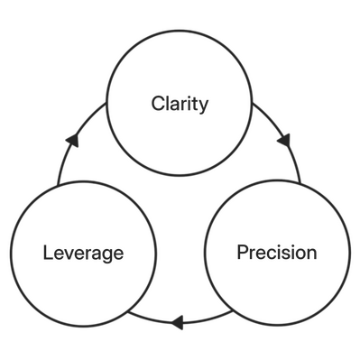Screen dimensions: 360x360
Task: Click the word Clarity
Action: point(180,105)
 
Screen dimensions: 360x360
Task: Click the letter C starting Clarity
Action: point(155,105)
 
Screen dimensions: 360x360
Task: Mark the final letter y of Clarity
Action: point(206,106)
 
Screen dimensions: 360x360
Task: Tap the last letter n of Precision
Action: point(312,253)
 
